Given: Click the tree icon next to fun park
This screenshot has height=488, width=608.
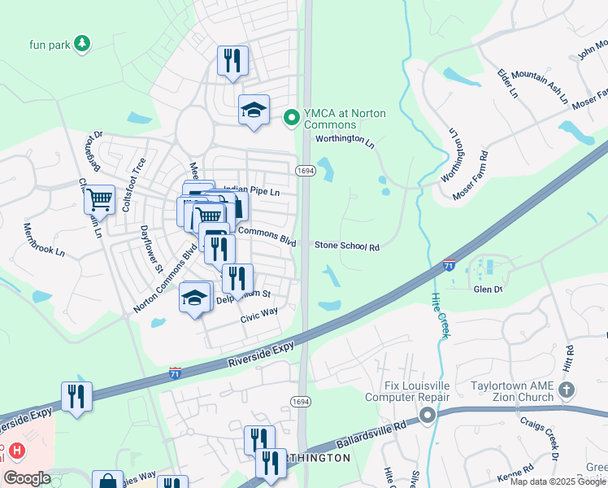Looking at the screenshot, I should (x=81, y=43).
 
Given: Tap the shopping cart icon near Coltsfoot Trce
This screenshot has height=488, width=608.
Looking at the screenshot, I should (x=99, y=198).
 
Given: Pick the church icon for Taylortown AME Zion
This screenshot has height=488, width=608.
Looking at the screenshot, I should (x=567, y=391).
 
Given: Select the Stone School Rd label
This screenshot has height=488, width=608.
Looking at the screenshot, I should (x=347, y=246).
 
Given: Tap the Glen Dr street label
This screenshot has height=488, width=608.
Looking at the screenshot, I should (x=489, y=289).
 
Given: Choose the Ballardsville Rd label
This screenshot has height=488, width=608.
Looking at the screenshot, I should (x=367, y=437).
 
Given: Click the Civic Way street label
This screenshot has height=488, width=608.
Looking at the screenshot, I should (x=258, y=315).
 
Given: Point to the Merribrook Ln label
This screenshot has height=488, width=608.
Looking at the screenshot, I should (x=43, y=239).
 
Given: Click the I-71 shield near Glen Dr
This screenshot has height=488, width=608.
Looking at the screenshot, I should (x=449, y=265).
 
